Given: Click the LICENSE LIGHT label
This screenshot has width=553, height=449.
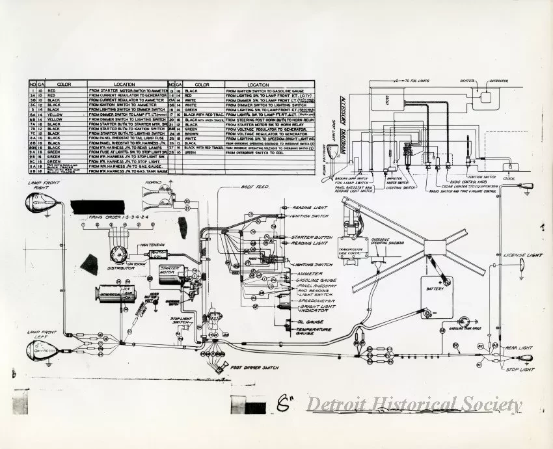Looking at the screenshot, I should point(522,256).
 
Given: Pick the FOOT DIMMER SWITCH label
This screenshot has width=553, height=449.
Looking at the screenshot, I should point(255,368).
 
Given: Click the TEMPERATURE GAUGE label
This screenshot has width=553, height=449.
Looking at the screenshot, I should point(314,332).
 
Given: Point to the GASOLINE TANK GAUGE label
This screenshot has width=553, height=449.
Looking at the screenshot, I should point(466,329).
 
